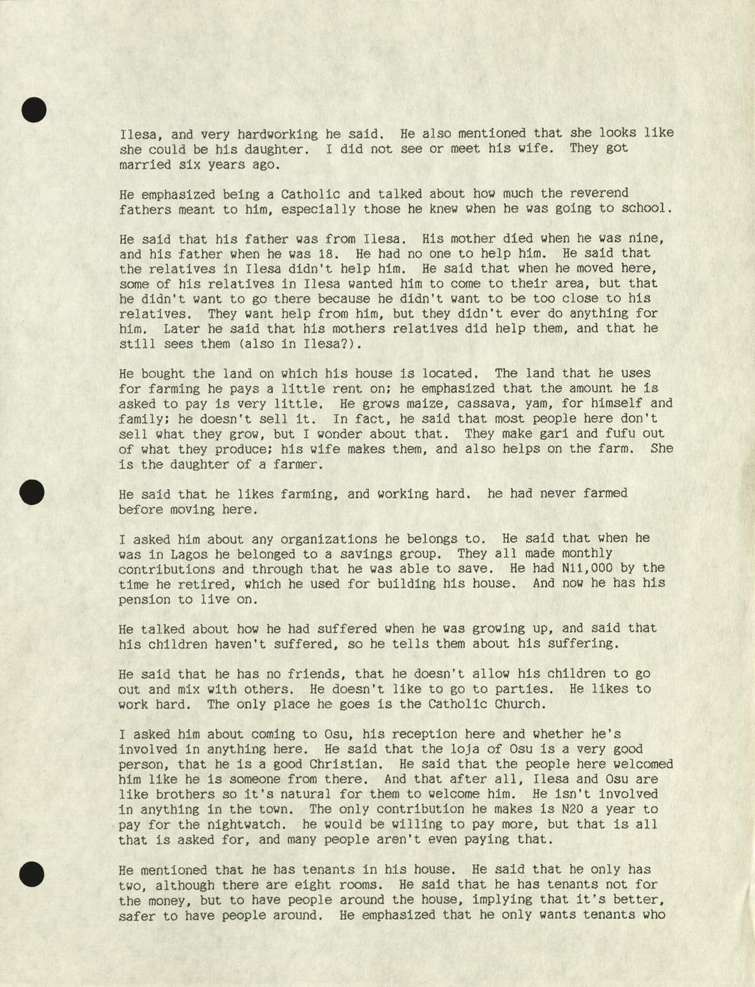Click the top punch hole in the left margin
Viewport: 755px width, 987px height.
(x=34, y=109)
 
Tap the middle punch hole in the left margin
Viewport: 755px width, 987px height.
(x=32, y=492)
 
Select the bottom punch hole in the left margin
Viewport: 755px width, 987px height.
(x=32, y=874)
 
